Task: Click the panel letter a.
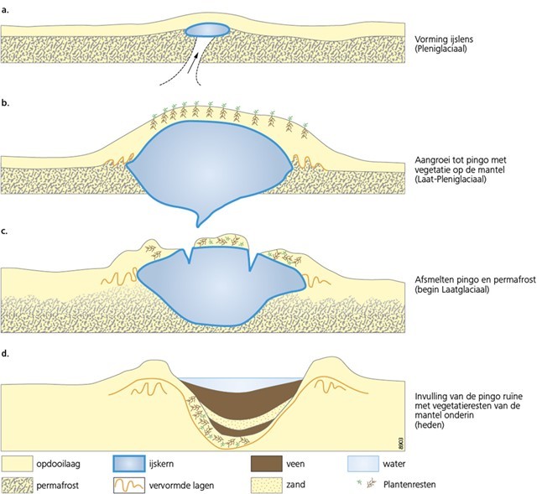pos(7,10)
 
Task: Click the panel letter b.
pos(7,102)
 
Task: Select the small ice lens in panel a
pos(206,30)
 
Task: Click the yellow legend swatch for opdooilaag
pos(21,461)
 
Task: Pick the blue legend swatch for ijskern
pos(136,461)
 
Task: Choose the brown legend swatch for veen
pos(269,461)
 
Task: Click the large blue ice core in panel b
pos(210,164)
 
